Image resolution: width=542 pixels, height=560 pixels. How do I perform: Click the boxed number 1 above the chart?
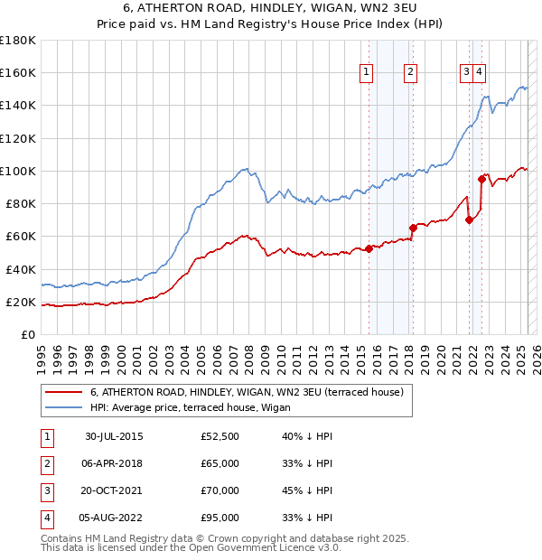[x=367, y=73]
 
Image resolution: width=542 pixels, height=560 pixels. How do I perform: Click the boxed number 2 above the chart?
[x=410, y=73]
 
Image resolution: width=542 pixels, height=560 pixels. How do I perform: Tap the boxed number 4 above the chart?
[x=479, y=73]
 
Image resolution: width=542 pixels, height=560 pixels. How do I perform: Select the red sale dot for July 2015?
[x=369, y=248]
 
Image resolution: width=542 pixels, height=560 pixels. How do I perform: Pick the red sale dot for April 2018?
[x=412, y=228]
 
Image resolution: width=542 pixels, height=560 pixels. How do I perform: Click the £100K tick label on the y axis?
[x=18, y=171]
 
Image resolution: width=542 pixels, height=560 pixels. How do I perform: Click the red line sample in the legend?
[x=65, y=392]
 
